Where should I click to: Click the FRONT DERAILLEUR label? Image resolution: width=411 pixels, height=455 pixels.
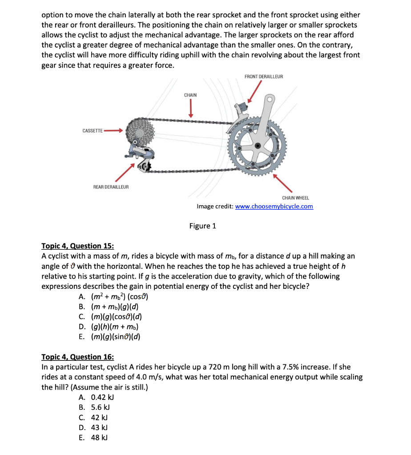pos(263,77)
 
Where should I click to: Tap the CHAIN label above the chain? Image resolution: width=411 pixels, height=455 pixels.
pos(190,95)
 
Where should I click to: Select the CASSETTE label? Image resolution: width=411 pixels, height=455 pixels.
pos(93,131)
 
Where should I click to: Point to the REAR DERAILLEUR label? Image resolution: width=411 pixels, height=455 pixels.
pos(111,187)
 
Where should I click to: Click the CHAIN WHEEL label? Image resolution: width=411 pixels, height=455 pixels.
pos(295,198)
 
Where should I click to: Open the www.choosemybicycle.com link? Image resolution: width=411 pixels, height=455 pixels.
pos(274,207)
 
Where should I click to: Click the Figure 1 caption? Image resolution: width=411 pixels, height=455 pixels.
pos(202,226)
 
